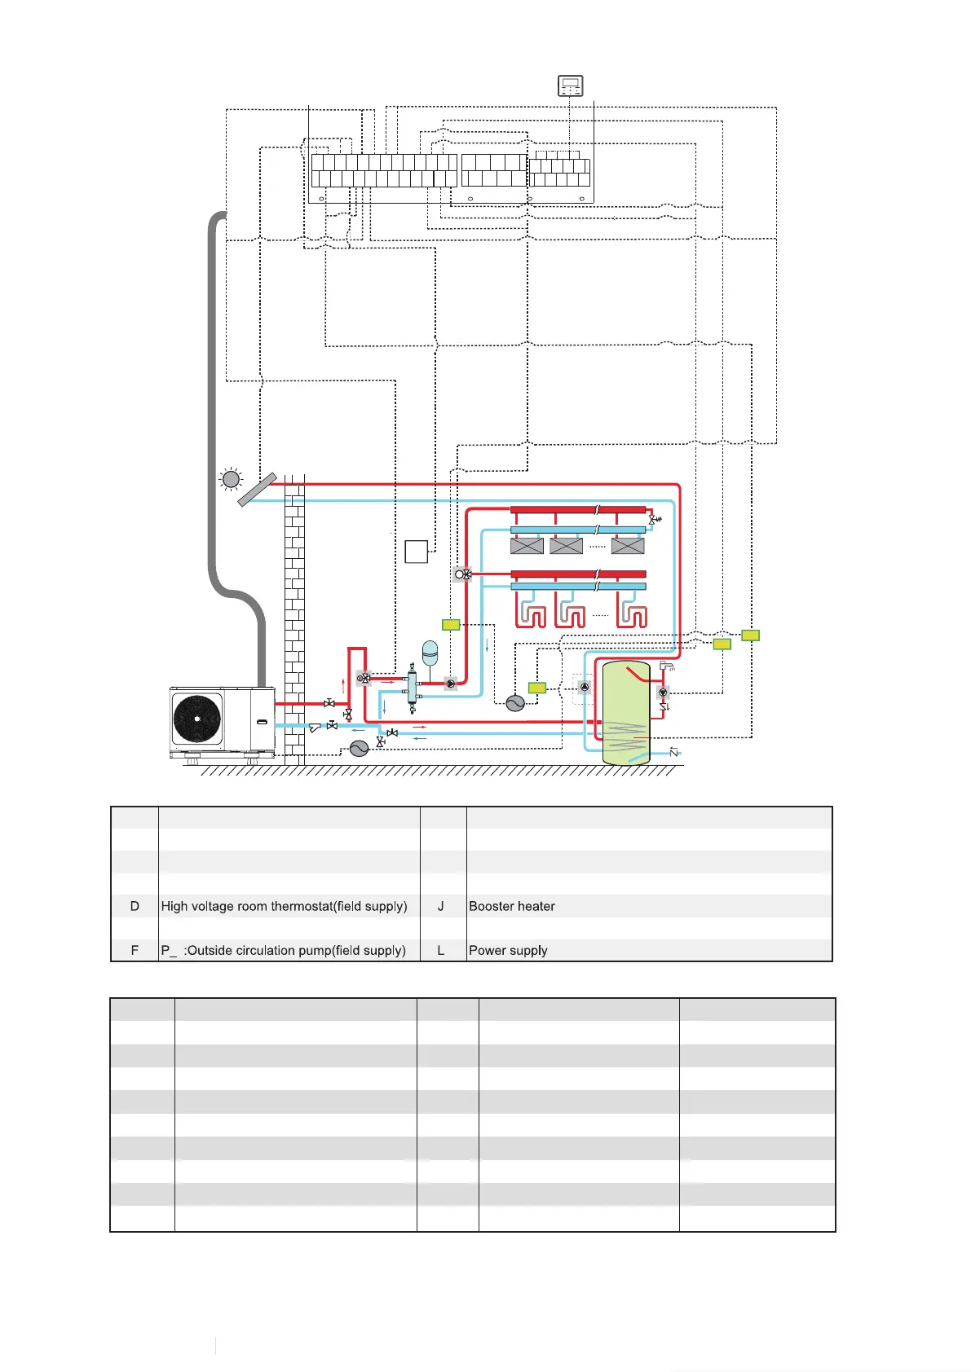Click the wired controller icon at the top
tap(571, 86)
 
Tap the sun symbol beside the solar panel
tap(232, 479)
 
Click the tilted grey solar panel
tap(257, 489)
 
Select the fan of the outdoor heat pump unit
tap(197, 719)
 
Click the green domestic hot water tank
tap(625, 713)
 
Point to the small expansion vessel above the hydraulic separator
tap(430, 652)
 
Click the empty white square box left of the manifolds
tap(417, 552)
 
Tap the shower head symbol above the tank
tap(667, 666)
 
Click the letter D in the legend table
tap(135, 906)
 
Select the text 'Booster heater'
tap(512, 906)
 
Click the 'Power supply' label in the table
tap(508, 950)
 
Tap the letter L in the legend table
tap(441, 950)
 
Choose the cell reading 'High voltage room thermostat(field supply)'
tap(284, 906)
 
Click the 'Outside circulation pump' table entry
tap(283, 950)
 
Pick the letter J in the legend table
tap(441, 906)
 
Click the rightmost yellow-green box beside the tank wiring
tap(750, 635)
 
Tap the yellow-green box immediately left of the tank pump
tap(536, 688)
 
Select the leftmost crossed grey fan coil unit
tap(527, 546)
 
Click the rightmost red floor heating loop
tap(633, 616)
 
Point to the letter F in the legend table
tap(135, 950)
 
